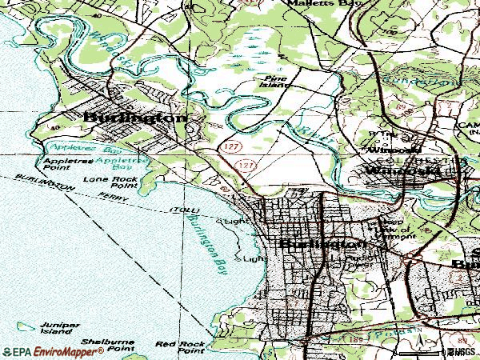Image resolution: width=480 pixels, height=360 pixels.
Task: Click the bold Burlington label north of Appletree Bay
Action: (135, 117)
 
